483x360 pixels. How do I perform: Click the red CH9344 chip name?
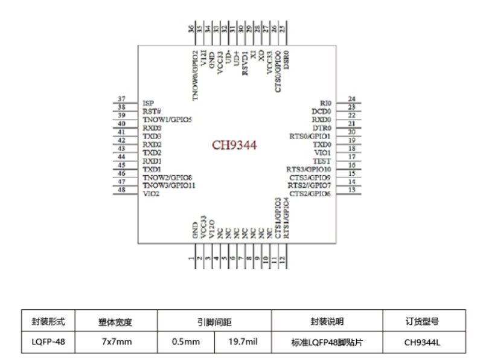point(235,146)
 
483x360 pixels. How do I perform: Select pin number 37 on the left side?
point(122,99)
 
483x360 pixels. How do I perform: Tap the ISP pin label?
point(148,103)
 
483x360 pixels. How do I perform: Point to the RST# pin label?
point(152,111)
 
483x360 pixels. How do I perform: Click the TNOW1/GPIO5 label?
point(167,120)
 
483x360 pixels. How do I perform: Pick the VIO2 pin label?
point(151,194)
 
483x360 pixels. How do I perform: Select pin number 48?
point(122,190)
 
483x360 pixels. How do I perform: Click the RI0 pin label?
point(325,104)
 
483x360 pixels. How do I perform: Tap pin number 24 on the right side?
point(351,99)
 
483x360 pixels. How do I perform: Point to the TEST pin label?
point(322,161)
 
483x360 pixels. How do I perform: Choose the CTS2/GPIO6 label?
point(310,194)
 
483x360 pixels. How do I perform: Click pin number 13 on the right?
point(351,190)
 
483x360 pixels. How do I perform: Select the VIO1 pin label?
point(322,153)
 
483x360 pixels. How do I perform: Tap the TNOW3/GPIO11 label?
point(169,185)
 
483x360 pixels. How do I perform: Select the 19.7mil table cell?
point(243,342)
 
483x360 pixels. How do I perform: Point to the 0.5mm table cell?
point(185,342)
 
